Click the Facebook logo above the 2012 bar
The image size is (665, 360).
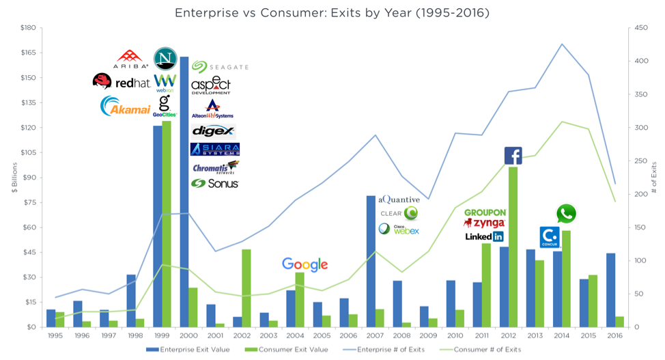513,156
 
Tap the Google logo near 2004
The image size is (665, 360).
305,265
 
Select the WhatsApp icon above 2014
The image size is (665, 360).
566,214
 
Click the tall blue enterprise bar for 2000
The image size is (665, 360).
184,191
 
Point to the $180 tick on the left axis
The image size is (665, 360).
27,28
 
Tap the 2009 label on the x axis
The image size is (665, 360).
429,335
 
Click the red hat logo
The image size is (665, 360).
122,82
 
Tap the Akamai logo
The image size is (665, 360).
125,107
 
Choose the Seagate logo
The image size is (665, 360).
219,67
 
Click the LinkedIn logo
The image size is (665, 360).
483,236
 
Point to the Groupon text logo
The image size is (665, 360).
484,212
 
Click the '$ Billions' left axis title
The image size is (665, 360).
14,178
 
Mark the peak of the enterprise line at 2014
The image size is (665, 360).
561,44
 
